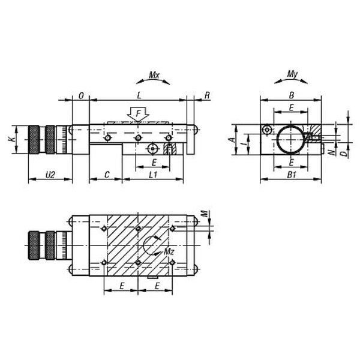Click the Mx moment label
pos(154,75)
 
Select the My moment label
pos(292,74)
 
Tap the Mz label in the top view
pos(169,252)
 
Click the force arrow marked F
pos(138,114)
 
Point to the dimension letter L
pos(139,95)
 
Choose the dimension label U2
pos(50,175)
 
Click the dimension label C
pos(107,175)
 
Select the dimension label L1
pos(153,175)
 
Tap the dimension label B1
pos(292,175)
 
